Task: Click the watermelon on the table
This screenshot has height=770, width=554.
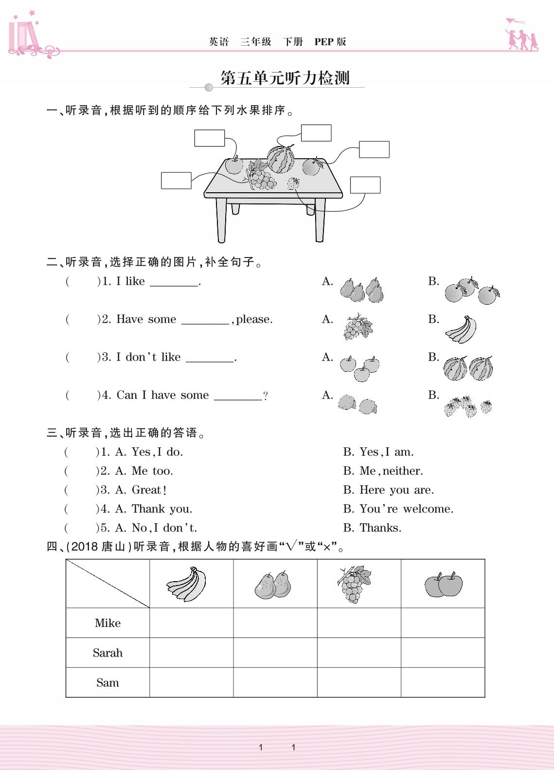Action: click(x=281, y=159)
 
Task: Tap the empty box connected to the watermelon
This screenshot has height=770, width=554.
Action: click(x=316, y=133)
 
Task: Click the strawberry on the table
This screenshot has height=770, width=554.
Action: click(x=293, y=183)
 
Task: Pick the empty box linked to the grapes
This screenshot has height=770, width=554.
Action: click(x=176, y=181)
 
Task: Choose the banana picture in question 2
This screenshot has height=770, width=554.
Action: click(x=461, y=330)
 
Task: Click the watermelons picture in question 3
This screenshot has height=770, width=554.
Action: click(x=468, y=368)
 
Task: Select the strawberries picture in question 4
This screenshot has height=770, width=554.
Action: click(x=467, y=406)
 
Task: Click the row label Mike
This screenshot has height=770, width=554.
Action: click(x=107, y=623)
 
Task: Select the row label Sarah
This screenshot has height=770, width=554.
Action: click(x=107, y=653)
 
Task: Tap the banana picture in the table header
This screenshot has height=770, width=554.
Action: click(x=187, y=584)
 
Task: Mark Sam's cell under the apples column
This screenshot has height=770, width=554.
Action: click(x=443, y=682)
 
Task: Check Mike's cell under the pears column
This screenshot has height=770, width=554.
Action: click(x=275, y=623)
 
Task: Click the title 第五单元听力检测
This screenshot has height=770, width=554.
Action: click(x=285, y=78)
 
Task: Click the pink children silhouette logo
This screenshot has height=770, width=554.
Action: click(x=522, y=36)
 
